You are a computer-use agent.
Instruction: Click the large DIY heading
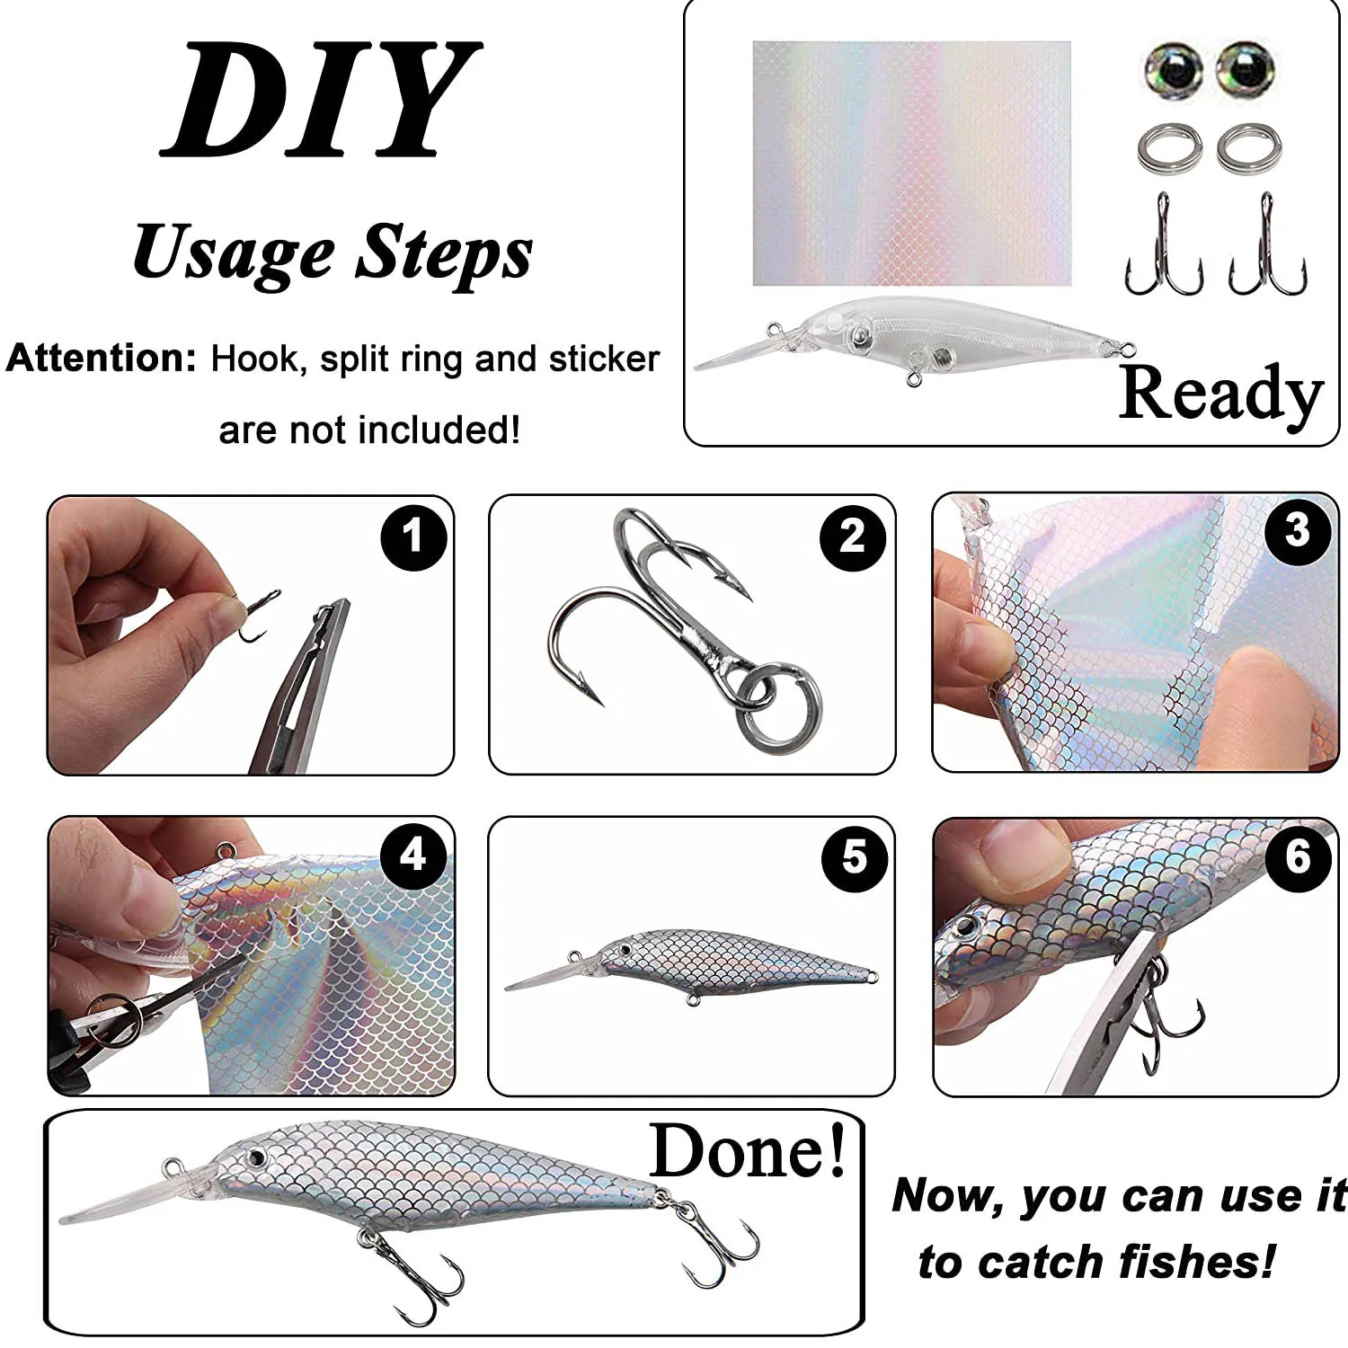click(321, 99)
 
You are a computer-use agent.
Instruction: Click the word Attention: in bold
click(101, 358)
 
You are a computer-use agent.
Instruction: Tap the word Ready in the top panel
click(1221, 394)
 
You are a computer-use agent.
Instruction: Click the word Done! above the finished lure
click(749, 1151)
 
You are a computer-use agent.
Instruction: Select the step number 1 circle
click(413, 537)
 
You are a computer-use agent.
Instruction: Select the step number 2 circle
click(853, 537)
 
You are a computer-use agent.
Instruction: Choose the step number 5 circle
click(855, 858)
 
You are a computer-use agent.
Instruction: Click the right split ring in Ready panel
click(1249, 148)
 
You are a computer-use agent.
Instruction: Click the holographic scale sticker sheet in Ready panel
click(911, 164)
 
